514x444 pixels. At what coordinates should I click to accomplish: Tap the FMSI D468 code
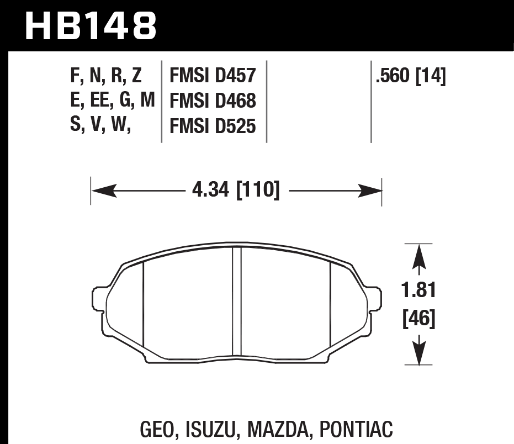213,101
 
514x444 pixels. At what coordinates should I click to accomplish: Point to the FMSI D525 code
213,127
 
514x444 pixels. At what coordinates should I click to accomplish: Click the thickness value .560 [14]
410,75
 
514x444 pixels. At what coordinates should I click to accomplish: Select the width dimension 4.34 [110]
236,191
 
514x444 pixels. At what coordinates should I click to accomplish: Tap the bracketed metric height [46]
420,318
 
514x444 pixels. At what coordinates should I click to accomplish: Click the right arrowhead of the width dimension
373,191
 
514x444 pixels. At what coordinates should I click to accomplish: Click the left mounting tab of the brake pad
99,298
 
